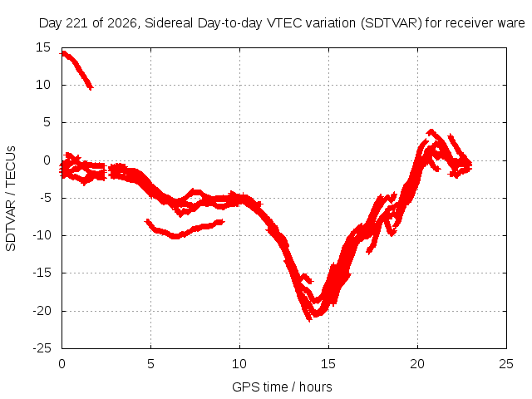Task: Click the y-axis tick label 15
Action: click(43, 47)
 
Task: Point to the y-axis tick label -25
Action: click(42, 348)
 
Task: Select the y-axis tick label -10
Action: click(42, 235)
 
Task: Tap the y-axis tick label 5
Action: click(47, 122)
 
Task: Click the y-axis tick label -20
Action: click(42, 310)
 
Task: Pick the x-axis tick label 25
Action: click(506, 364)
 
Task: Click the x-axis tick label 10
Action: click(239, 364)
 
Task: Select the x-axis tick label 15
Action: click(328, 364)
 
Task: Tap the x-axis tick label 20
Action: click(417, 364)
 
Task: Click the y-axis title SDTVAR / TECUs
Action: click(11, 199)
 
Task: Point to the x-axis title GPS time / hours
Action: click(282, 387)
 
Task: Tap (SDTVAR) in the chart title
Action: click(392, 23)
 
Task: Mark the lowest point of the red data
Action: click(309, 320)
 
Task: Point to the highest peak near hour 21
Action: click(431, 131)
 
